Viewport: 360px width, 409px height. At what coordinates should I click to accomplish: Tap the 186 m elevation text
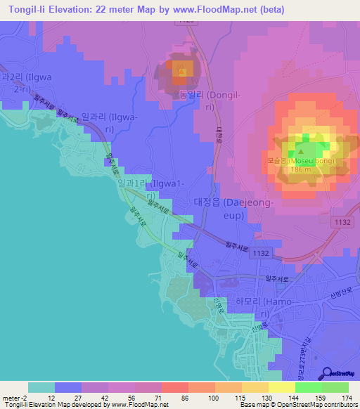[x=300, y=170]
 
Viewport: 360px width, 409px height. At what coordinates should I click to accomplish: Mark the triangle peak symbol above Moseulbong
[x=301, y=149]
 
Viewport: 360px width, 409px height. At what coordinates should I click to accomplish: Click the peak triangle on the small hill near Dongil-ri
[x=181, y=70]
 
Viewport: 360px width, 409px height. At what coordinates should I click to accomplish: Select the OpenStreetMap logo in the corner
[x=337, y=374]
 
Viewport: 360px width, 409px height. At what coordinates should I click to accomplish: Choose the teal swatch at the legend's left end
[x=41, y=387]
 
